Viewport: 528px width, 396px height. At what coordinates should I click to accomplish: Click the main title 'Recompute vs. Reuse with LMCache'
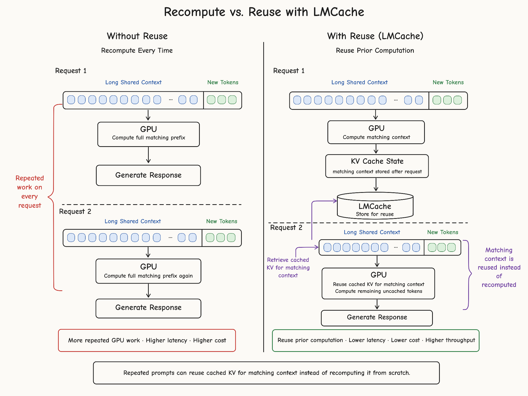point(264,12)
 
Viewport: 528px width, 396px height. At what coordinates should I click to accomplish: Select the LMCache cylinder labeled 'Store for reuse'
point(375,206)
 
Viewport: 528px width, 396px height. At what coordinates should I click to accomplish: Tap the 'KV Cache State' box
point(377,166)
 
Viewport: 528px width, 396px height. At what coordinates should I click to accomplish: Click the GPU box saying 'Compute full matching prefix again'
point(148,271)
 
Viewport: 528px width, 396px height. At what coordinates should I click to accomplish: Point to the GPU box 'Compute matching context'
point(376,132)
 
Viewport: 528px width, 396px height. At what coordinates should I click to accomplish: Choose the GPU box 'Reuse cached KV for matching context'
point(378,284)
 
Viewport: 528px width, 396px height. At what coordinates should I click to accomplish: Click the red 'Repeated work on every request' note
point(30,192)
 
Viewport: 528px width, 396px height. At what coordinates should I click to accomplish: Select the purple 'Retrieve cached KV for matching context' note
point(288,268)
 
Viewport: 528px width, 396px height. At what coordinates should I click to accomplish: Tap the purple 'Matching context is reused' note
point(499,267)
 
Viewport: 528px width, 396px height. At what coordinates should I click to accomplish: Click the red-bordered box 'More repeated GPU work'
point(147,340)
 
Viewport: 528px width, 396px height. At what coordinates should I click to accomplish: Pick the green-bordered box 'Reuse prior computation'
point(376,340)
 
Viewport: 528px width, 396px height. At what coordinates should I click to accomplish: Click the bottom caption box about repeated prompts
point(266,373)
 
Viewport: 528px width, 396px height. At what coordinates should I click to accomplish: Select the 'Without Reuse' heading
point(137,36)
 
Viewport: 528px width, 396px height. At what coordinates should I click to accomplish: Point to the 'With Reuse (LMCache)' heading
point(375,36)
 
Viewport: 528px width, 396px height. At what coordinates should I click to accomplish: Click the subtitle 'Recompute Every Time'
point(137,51)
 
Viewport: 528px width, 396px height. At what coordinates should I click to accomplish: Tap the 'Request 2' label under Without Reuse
point(75,212)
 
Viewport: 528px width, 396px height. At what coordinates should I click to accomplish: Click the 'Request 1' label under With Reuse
point(289,71)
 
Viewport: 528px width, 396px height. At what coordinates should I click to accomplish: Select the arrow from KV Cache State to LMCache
point(376,185)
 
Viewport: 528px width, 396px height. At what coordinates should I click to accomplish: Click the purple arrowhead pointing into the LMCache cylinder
point(335,201)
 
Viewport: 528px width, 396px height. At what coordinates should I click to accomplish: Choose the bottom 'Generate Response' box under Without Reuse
point(148,308)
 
